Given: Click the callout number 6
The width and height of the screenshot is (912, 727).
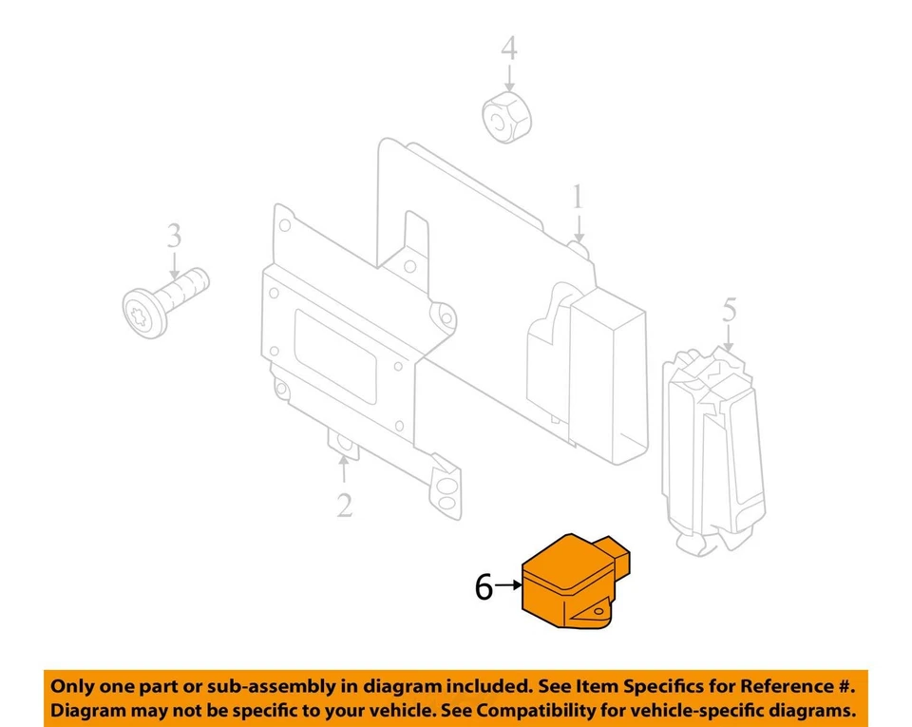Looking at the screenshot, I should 484,588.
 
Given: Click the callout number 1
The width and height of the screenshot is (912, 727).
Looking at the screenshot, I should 578,199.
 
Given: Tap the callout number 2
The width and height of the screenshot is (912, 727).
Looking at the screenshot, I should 344,504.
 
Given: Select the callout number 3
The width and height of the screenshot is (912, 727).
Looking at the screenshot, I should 174,236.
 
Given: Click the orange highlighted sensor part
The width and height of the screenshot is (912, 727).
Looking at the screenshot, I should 570,584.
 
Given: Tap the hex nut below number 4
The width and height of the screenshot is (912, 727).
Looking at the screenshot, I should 506,118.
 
